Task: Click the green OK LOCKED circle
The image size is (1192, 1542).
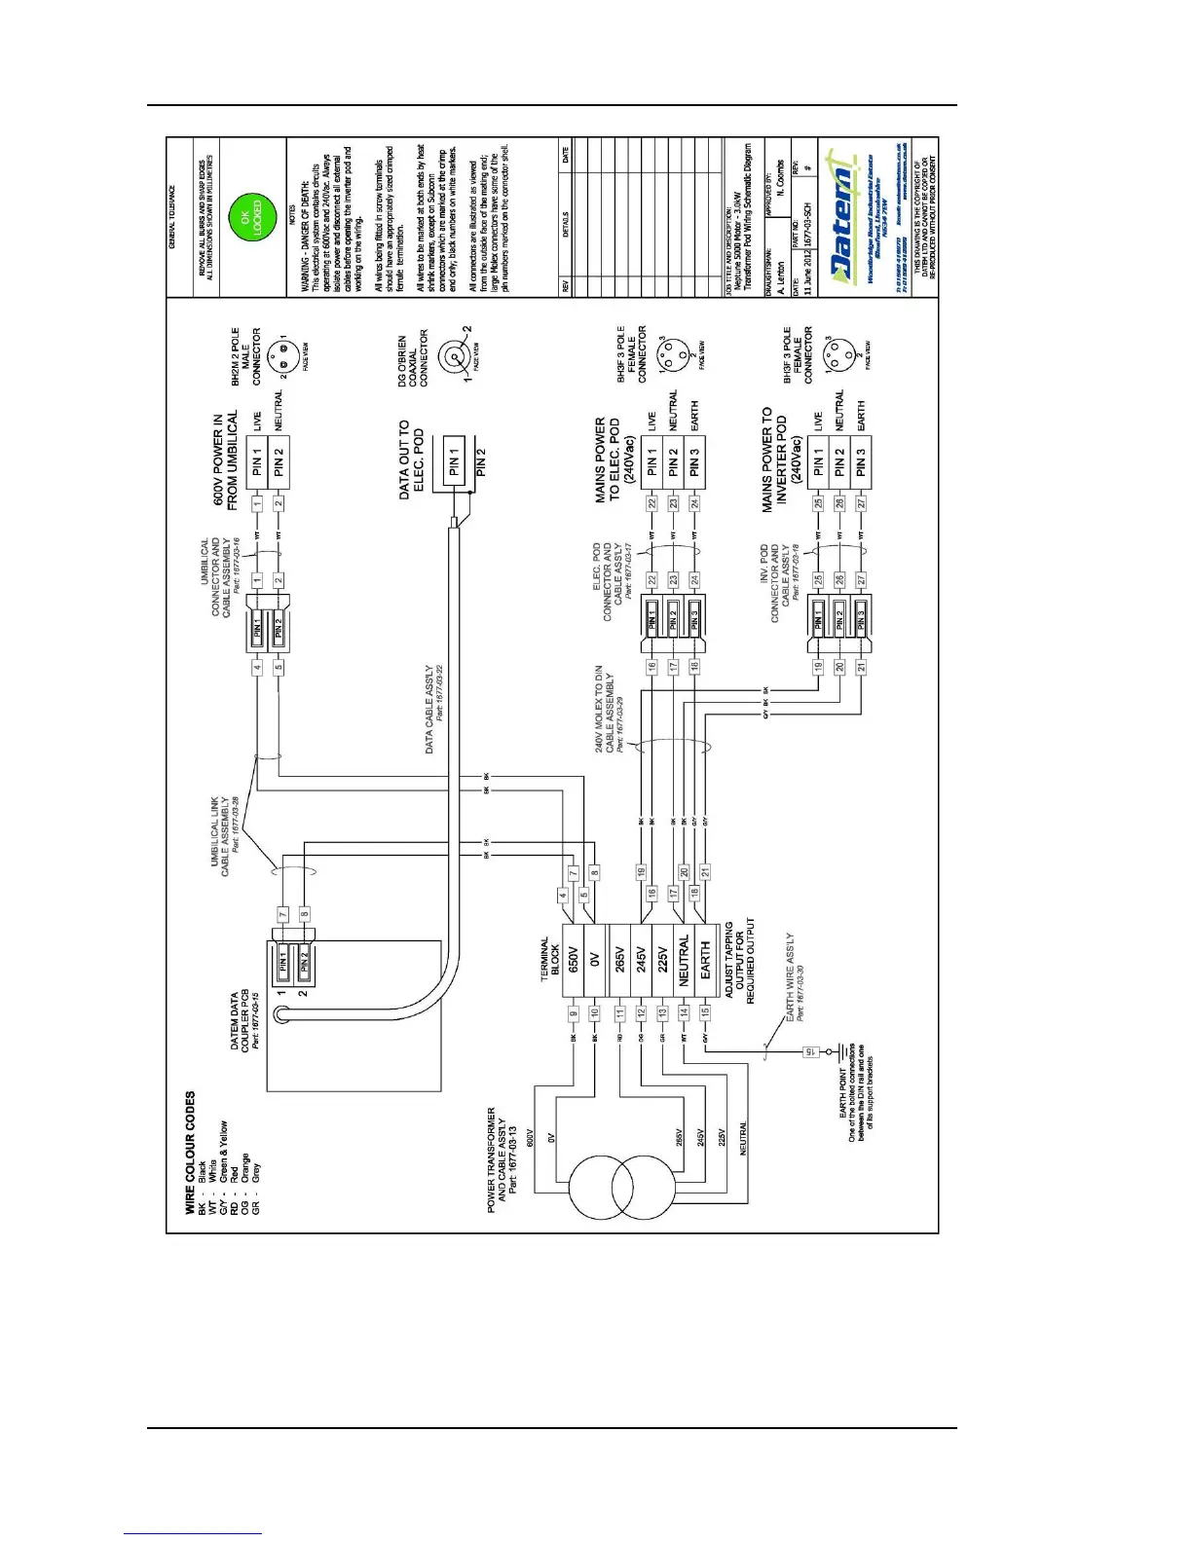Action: (x=251, y=217)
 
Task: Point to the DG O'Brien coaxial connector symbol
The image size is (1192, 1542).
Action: (x=453, y=358)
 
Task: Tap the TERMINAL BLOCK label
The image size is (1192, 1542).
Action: (x=549, y=959)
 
